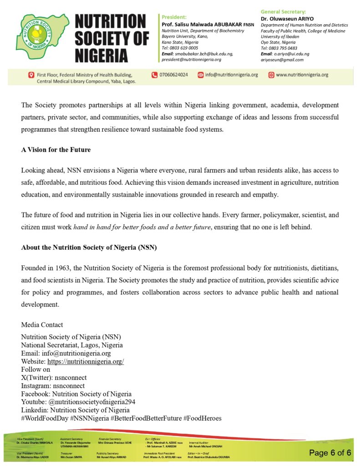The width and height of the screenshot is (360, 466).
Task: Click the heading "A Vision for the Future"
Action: click(55, 149)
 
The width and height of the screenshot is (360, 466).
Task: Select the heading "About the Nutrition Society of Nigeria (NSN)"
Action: click(89, 248)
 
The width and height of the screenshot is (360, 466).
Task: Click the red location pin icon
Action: click(31, 75)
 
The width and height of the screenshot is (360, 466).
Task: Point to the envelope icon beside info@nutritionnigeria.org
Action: click(200, 75)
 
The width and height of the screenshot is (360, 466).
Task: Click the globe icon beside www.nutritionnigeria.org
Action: click(271, 75)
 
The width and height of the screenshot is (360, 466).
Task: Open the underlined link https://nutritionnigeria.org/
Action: click(86, 361)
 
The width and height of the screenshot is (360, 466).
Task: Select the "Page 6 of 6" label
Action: click(330, 452)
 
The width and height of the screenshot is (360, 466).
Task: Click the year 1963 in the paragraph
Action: click(60, 268)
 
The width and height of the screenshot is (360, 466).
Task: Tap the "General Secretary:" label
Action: click(283, 11)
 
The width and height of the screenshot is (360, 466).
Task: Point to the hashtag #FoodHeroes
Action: click(202, 418)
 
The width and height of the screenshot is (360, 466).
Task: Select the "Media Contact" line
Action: click(42, 325)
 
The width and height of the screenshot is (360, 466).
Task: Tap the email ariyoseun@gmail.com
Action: click(282, 60)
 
